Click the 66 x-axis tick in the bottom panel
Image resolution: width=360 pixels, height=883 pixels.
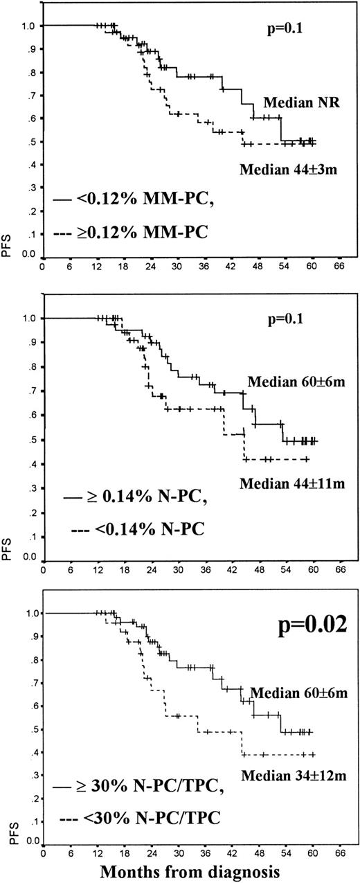pyautogui.click(x=340, y=853)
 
